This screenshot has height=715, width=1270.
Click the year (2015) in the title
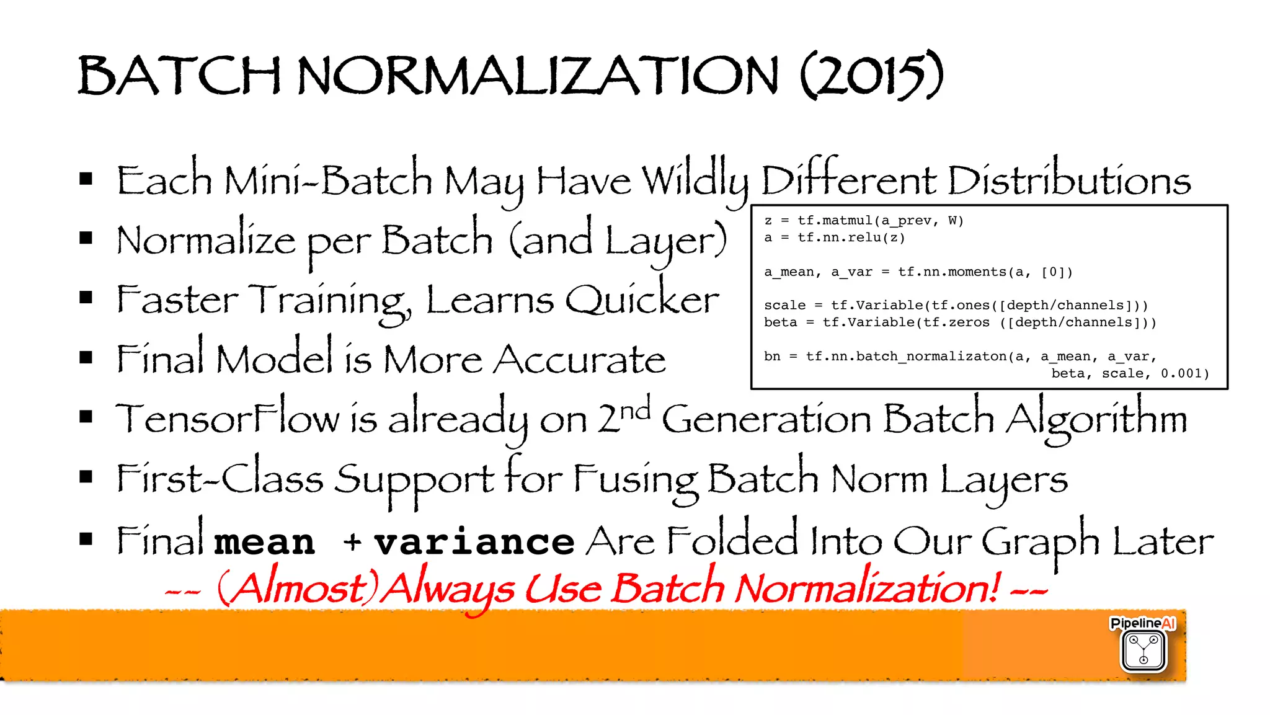pyautogui.click(x=872, y=75)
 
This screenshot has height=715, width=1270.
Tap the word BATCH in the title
pyautogui.click(x=179, y=75)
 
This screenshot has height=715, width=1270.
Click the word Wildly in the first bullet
pyautogui.click(x=695, y=181)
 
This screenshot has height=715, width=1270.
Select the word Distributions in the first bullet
pyautogui.click(x=1068, y=181)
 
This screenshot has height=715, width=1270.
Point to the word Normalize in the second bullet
pyautogui.click(x=206, y=241)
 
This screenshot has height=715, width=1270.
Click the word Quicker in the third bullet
pyautogui.click(x=642, y=300)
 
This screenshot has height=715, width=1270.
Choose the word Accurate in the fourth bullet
pyautogui.click(x=579, y=360)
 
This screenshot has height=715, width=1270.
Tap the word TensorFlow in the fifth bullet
pyautogui.click(x=228, y=419)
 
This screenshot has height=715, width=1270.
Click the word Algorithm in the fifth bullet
pyautogui.click(x=1096, y=419)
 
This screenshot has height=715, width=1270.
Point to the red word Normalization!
pyautogui.click(x=868, y=588)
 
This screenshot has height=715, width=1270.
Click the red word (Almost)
pyautogui.click(x=297, y=588)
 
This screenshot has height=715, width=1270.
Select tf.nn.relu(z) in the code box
pyautogui.click(x=851, y=238)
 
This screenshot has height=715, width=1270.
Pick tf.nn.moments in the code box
pyautogui.click(x=952, y=272)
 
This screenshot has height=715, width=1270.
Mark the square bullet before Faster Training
pyautogui.click(x=86, y=298)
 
